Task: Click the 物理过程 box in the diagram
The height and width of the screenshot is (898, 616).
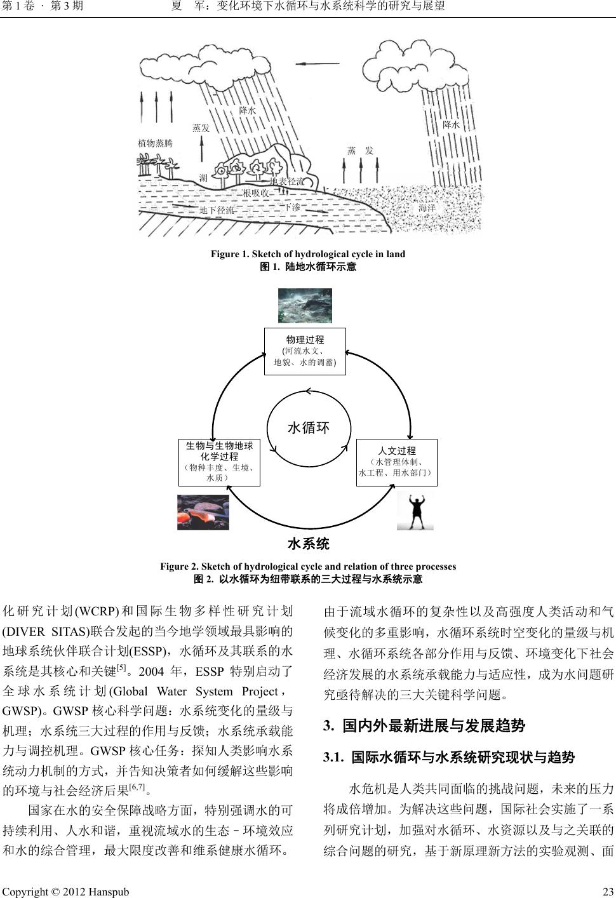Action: click(305, 351)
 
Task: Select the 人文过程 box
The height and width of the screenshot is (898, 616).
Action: click(397, 462)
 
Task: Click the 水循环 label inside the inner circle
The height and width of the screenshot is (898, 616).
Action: click(309, 428)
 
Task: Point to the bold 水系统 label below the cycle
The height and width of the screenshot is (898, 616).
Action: click(309, 544)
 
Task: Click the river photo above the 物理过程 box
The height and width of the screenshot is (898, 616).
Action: click(305, 305)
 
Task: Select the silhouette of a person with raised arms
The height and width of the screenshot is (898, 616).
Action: click(415, 510)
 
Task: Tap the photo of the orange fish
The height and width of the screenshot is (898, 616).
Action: click(203, 512)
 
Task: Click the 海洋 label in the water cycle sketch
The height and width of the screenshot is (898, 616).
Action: click(427, 208)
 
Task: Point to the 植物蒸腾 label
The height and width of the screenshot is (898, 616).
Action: click(155, 144)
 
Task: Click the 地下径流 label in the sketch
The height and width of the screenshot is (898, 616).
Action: click(217, 210)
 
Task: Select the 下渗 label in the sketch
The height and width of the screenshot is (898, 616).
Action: click(292, 207)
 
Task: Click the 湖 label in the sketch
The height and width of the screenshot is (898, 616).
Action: click(203, 178)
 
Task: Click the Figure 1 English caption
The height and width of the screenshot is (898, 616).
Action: click(308, 254)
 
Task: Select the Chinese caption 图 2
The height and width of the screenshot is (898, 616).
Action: click(308, 579)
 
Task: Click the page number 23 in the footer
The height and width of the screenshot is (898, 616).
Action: click(606, 892)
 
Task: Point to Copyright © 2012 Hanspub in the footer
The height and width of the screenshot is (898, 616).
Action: click(66, 892)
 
